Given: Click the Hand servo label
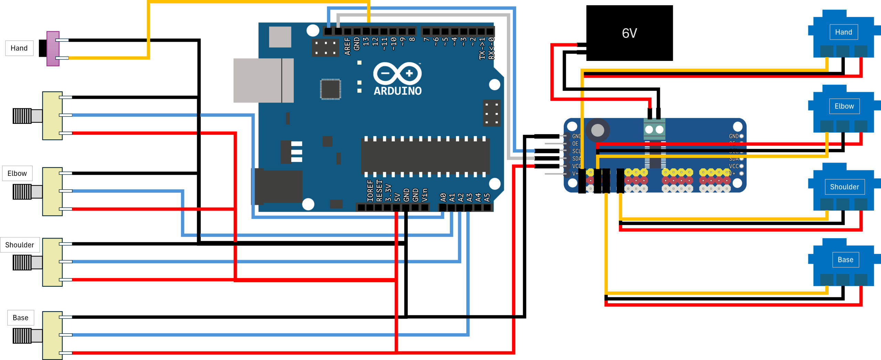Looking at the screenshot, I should point(843,32).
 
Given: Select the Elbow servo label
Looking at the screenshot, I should point(844,106).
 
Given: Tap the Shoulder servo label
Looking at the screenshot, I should point(845,187).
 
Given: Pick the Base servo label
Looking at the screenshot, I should point(845,260).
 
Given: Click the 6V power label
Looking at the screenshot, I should point(629,33).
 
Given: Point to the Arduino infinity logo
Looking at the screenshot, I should point(397,73).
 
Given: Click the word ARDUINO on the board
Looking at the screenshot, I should point(397,91).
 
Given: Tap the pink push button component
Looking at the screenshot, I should point(53,49).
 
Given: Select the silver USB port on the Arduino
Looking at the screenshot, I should point(263,80).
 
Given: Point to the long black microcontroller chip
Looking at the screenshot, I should point(425,157).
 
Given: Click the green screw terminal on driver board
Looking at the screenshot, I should point(654,129).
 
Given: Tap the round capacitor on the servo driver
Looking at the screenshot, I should point(597,130).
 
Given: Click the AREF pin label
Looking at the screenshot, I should point(347,46).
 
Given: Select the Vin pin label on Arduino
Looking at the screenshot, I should point(425,195).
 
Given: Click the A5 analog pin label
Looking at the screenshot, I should point(487,197).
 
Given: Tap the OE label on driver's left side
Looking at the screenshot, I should point(575,144).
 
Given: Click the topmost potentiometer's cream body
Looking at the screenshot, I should point(52,115).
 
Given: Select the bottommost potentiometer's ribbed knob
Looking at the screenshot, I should point(22,336).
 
